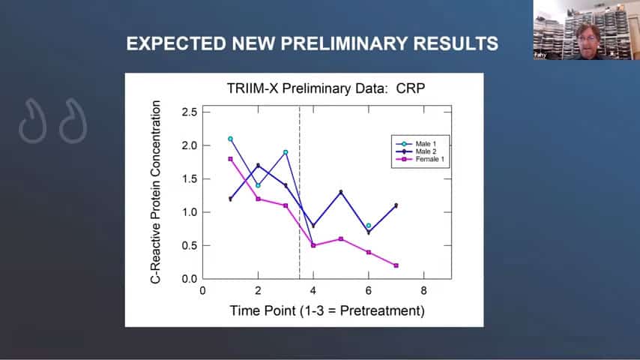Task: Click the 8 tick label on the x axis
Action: pyautogui.click(x=423, y=292)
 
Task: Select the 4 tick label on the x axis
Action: pyautogui.click(x=313, y=292)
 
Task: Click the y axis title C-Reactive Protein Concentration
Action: pyautogui.click(x=157, y=195)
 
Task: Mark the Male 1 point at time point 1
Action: pyautogui.click(x=230, y=139)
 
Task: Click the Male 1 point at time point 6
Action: pyautogui.click(x=368, y=225)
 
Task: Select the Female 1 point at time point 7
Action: pyautogui.click(x=396, y=265)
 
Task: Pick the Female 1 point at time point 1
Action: pyautogui.click(x=230, y=159)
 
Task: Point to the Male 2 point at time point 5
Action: pyautogui.click(x=341, y=192)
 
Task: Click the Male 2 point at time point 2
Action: pyautogui.click(x=258, y=166)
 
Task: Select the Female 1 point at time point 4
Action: pyautogui.click(x=313, y=245)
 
